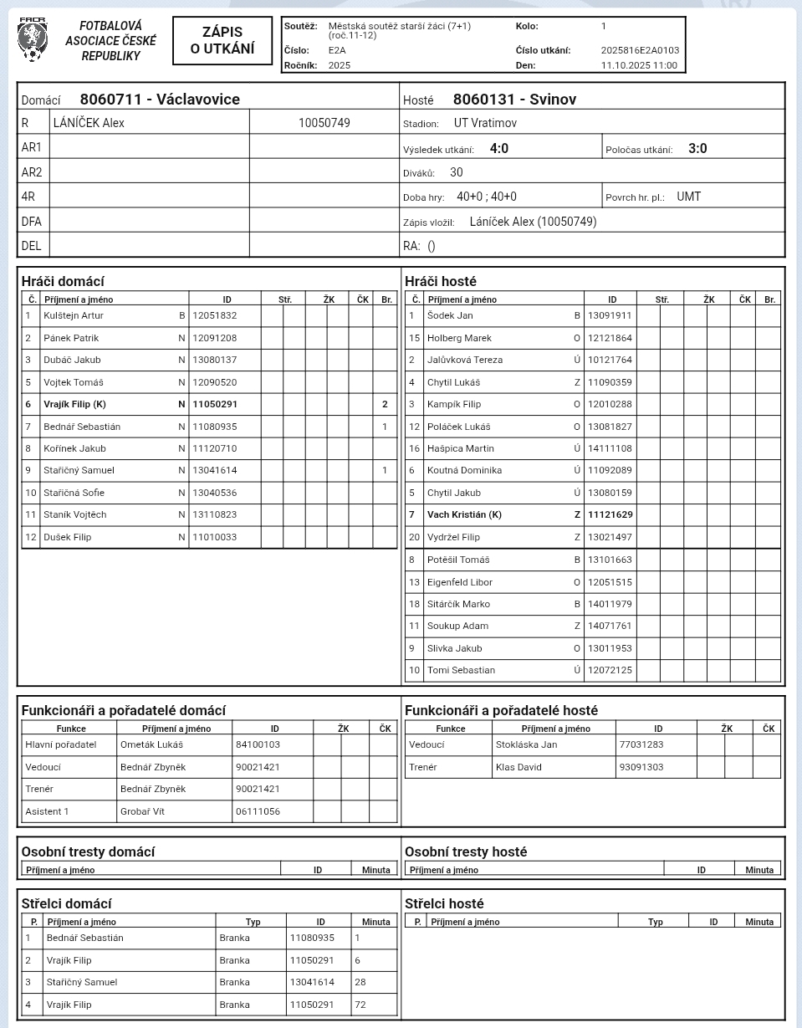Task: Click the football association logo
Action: click(x=33, y=40)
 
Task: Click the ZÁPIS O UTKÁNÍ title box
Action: click(x=222, y=40)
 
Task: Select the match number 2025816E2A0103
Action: click(x=640, y=50)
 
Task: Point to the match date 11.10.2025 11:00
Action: click(x=639, y=65)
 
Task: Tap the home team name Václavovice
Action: click(x=160, y=100)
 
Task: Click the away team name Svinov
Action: click(x=514, y=100)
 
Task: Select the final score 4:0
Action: click(x=499, y=149)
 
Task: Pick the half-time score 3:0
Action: click(x=697, y=149)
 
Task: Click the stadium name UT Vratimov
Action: click(x=485, y=123)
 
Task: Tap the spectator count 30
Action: click(x=456, y=172)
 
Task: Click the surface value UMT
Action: click(x=689, y=197)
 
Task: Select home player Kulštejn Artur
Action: click(x=74, y=315)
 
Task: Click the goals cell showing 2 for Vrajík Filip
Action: click(x=385, y=404)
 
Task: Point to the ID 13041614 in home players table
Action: click(x=215, y=470)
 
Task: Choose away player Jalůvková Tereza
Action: click(x=465, y=360)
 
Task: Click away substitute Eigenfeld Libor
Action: click(x=459, y=582)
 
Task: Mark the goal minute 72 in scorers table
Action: click(x=360, y=1005)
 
